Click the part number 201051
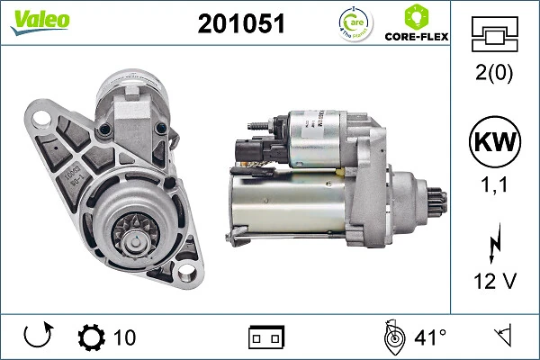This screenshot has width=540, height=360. click(240, 24)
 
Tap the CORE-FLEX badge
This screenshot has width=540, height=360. click(416, 24)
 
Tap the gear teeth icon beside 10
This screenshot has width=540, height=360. click(92, 337)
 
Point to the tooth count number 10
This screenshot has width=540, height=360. click(124, 337)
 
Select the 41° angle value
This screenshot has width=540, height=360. click(429, 337)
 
